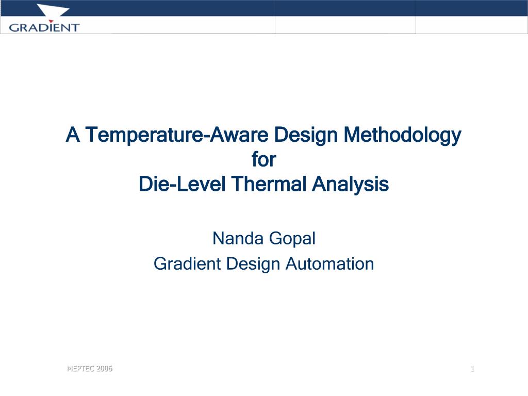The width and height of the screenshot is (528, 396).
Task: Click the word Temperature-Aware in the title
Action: point(177,135)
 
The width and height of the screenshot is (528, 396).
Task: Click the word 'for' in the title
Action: point(264,159)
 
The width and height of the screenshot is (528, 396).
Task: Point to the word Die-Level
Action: point(182,184)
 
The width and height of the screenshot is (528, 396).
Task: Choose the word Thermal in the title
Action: point(269,184)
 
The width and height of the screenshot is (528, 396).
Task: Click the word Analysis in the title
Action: point(350,185)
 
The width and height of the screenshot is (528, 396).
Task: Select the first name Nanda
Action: point(238,238)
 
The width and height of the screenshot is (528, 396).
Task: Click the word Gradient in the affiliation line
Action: point(187,263)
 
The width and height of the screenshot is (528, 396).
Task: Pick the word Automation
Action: point(329,263)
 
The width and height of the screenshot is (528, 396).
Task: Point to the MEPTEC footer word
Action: point(80,368)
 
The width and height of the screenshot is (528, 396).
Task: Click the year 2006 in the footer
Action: point(104,368)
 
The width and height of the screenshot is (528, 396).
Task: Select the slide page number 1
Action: point(472,368)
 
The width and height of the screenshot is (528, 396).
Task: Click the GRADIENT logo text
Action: point(44,27)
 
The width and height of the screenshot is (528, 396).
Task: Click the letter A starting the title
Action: point(73,135)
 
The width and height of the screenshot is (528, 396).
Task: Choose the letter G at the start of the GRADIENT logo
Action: point(14,28)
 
